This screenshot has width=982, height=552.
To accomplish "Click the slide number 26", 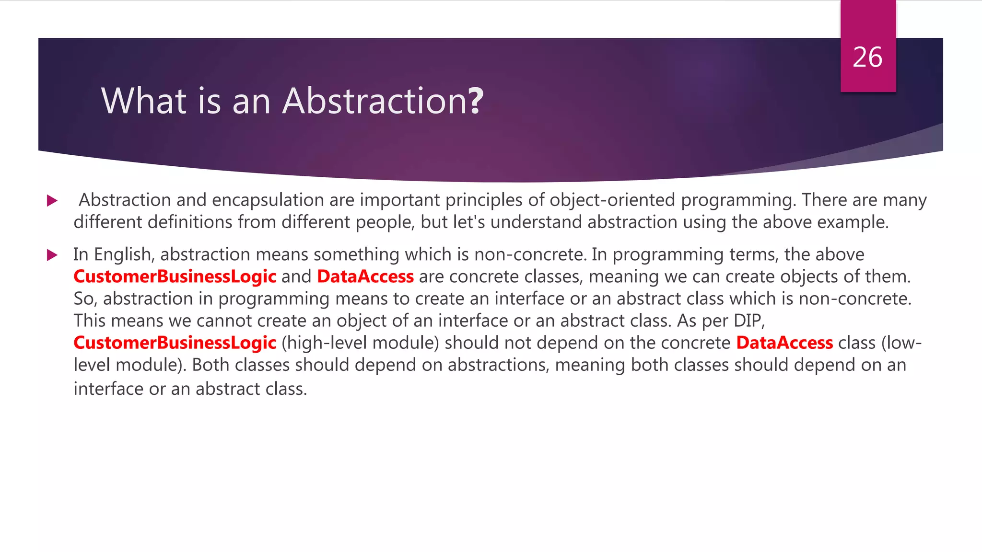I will coord(867,57).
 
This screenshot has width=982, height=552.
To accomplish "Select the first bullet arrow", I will coord(52,200).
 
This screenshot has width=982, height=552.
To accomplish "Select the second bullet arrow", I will coord(52,255).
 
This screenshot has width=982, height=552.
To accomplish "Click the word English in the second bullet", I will coord(124,255).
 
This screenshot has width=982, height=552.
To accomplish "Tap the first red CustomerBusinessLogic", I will coord(175,277).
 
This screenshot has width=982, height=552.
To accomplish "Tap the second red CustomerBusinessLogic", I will coord(175,343).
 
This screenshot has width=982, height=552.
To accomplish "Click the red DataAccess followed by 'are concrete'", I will coord(365,277).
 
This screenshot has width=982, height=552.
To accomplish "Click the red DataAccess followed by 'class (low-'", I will coord(784,343).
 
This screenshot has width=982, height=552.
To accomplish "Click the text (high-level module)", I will coord(360,343).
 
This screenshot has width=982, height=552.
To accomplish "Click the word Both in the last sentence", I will coord(210,365).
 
